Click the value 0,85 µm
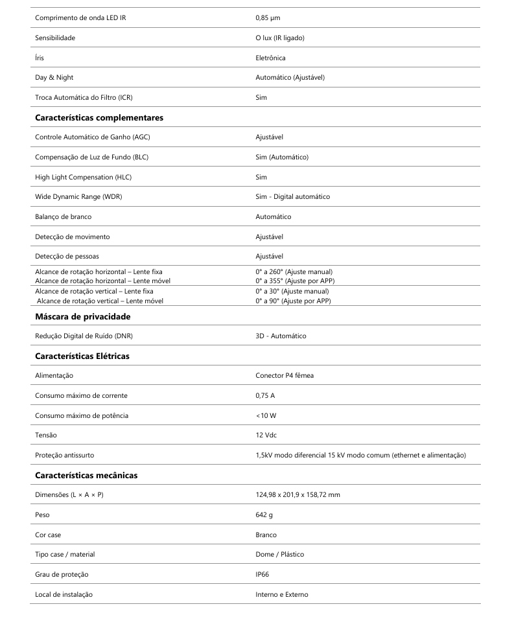tap(268, 17)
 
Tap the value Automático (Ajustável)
tap(290, 77)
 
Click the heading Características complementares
tap(99, 117)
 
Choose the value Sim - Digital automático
tap(293, 196)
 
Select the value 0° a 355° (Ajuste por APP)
tap(295, 281)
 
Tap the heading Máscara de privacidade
tap(83, 316)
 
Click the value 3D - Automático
tap(281, 336)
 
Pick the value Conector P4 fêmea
tap(285, 375)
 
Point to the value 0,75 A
tap(265, 395)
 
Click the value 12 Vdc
tap(266, 435)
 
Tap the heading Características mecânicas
tap(86, 475)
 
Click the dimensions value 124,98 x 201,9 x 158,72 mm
tap(297, 495)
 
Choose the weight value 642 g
tap(264, 515)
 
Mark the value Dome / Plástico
tap(279, 554)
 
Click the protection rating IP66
tap(262, 574)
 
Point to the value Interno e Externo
tap(281, 594)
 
